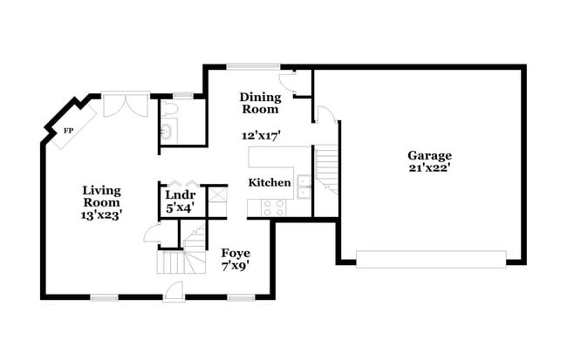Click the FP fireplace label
point(66,131)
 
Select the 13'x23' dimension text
point(102,214)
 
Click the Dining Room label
point(259,103)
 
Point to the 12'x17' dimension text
point(259,136)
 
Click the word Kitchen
point(270,183)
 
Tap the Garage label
point(429,156)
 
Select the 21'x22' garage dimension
point(429,168)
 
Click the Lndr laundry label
point(179,194)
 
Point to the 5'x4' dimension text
point(179,207)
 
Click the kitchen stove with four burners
point(272,207)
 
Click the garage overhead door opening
point(431,259)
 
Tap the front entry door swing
point(174,292)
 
